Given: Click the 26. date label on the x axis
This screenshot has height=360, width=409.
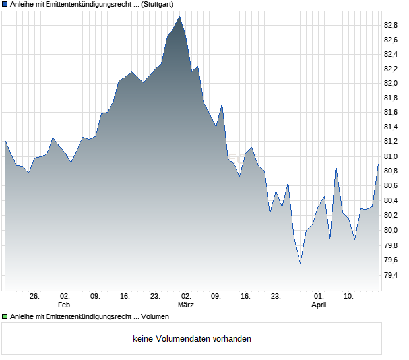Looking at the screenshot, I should [35, 297].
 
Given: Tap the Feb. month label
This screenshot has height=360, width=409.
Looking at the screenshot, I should [65, 305].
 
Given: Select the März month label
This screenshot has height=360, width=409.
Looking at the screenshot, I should [186, 305].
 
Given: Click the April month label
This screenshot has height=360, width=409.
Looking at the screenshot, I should [319, 305].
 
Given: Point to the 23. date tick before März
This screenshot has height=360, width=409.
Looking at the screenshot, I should [155, 297].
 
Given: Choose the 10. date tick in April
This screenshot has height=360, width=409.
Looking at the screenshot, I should [349, 297].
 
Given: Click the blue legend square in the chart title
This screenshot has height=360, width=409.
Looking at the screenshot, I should [5, 4].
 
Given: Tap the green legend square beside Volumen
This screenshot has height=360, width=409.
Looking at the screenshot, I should [5, 317].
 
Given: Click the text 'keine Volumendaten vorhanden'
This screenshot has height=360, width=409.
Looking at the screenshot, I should [192, 339].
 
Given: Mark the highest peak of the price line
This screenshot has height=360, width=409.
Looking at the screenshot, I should [179, 16].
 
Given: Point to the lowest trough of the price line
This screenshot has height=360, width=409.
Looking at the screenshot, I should [300, 264].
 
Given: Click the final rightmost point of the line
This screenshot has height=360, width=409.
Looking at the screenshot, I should [378, 164].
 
